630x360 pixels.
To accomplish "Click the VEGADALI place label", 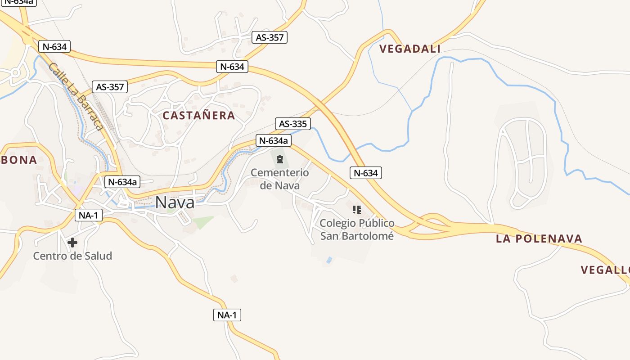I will click(409, 49).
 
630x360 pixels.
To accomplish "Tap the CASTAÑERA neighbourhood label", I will click(198, 116).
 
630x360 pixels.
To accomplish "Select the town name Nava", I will click(175, 202).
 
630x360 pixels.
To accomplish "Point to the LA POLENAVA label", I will click(539, 238).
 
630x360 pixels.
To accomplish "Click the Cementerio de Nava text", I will click(279, 179).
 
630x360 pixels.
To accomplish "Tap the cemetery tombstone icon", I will click(280, 159).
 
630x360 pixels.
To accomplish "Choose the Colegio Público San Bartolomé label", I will click(357, 229).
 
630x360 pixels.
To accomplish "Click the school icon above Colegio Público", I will click(357, 209).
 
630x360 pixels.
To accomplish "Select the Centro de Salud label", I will click(72, 256).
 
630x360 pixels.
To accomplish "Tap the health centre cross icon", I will click(72, 243).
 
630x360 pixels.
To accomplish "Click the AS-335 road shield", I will click(293, 124).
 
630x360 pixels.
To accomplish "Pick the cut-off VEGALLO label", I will click(605, 270).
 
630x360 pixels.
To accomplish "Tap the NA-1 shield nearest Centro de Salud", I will click(88, 216).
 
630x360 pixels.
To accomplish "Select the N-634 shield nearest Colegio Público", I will click(366, 173).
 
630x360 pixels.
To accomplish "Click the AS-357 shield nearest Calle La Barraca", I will click(110, 87).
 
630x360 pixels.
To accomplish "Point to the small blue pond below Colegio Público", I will click(329, 260).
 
